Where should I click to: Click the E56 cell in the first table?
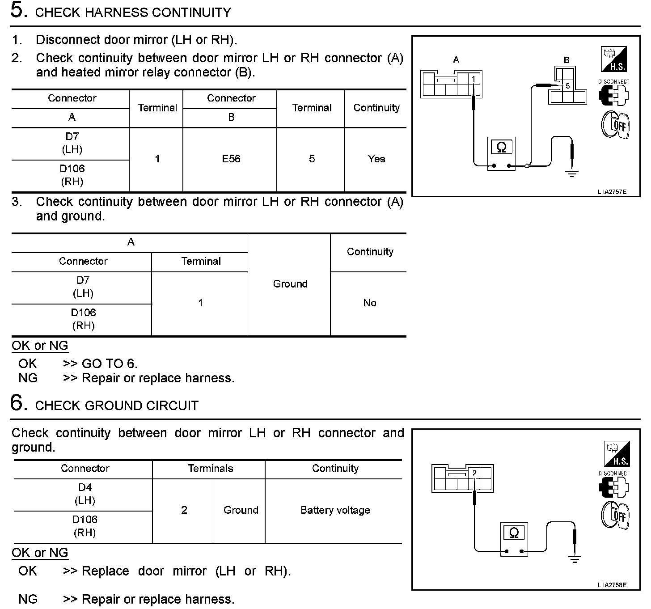[x=231, y=159]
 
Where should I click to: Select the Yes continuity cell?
[x=376, y=159]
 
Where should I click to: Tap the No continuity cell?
[x=369, y=303]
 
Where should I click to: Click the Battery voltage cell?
[x=335, y=510]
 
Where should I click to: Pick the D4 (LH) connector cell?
[x=85, y=494]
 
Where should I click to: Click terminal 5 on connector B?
[x=567, y=86]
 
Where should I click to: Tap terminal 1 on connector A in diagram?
[x=473, y=79]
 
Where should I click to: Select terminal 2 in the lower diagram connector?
[x=474, y=473]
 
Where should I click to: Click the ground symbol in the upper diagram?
[x=571, y=173]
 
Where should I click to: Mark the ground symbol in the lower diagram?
[x=574, y=558]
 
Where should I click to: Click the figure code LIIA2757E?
[x=612, y=192]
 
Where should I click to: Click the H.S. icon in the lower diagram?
[x=617, y=454]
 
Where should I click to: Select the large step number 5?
[x=17, y=10]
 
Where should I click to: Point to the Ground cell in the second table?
[x=290, y=284]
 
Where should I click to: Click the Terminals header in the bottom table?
[x=210, y=468]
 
